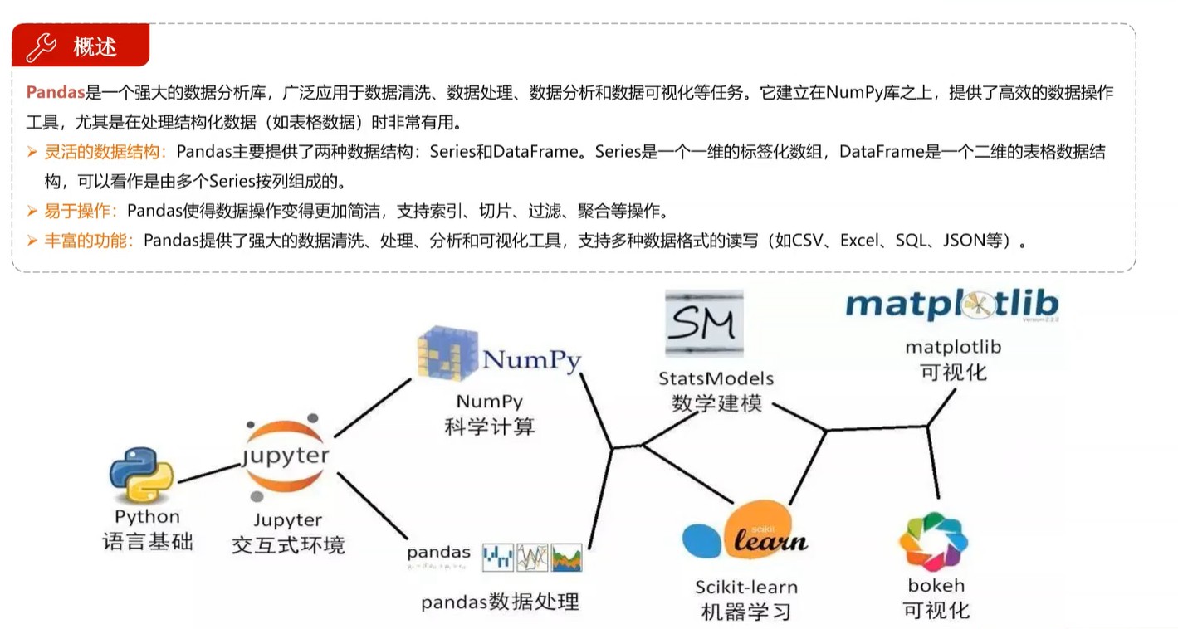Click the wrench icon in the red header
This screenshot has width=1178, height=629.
pos(42,46)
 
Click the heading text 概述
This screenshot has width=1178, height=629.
pos(95,47)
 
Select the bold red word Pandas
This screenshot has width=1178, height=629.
pos(56,93)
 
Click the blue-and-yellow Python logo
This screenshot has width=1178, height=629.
pos(142,475)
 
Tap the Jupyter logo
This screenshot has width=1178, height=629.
pos(286,457)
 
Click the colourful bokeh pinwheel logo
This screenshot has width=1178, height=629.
pos(933,541)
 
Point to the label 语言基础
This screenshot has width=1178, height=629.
pos(148,543)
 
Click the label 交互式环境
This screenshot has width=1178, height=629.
pos(288,545)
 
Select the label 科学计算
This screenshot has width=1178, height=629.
pos(490,427)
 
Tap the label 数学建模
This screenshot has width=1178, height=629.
pos(716,404)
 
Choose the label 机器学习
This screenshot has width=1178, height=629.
pos(745,612)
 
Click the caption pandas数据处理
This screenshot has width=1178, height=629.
pos(500,602)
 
